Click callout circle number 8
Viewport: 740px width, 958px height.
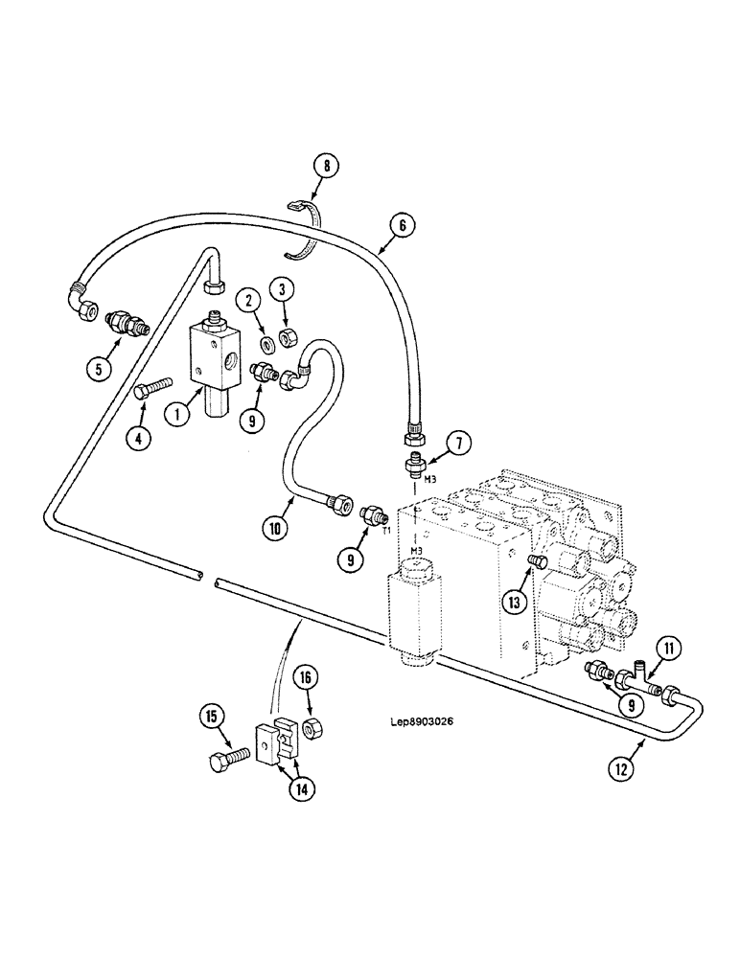(x=326, y=167)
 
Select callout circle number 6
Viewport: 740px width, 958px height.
(x=403, y=226)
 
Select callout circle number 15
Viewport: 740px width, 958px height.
(x=212, y=715)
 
